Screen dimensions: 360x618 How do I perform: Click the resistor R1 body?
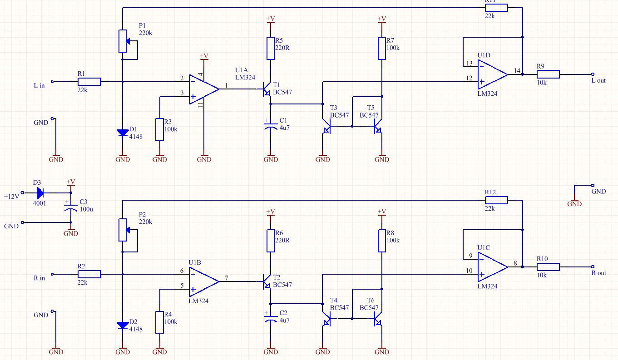(x=89, y=82)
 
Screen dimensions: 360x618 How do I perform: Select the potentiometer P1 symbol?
(x=123, y=41)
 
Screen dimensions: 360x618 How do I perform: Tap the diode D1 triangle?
(x=123, y=133)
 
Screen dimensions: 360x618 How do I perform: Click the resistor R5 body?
(x=271, y=48)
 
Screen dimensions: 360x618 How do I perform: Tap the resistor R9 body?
(x=548, y=74)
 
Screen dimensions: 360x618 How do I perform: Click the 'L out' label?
(x=598, y=81)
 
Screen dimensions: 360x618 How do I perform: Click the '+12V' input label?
(x=12, y=197)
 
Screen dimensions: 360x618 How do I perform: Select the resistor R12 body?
(x=496, y=200)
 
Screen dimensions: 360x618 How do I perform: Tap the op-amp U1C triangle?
(x=493, y=266)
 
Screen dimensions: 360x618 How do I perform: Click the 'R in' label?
(x=40, y=278)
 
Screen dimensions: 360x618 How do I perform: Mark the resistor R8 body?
(x=382, y=241)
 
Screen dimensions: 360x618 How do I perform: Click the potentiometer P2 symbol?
(x=123, y=230)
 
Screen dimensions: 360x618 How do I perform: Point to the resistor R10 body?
(x=548, y=266)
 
